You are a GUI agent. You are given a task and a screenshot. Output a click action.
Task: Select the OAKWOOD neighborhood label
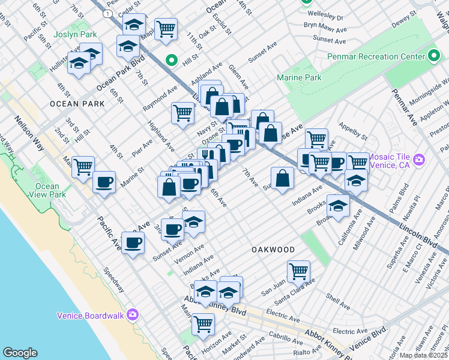coord(273,249)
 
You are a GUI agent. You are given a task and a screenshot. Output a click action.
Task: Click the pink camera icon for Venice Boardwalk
coord(133,314)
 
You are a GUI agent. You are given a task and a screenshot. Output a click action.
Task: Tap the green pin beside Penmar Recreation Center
coord(435,57)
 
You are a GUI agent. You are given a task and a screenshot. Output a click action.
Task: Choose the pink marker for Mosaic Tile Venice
coord(419,160)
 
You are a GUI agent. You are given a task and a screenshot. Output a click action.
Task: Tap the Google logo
coord(20,353)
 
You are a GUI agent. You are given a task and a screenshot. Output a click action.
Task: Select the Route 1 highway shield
coord(107,13)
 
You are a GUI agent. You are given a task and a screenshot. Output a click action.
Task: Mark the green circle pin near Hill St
coord(171,60)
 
